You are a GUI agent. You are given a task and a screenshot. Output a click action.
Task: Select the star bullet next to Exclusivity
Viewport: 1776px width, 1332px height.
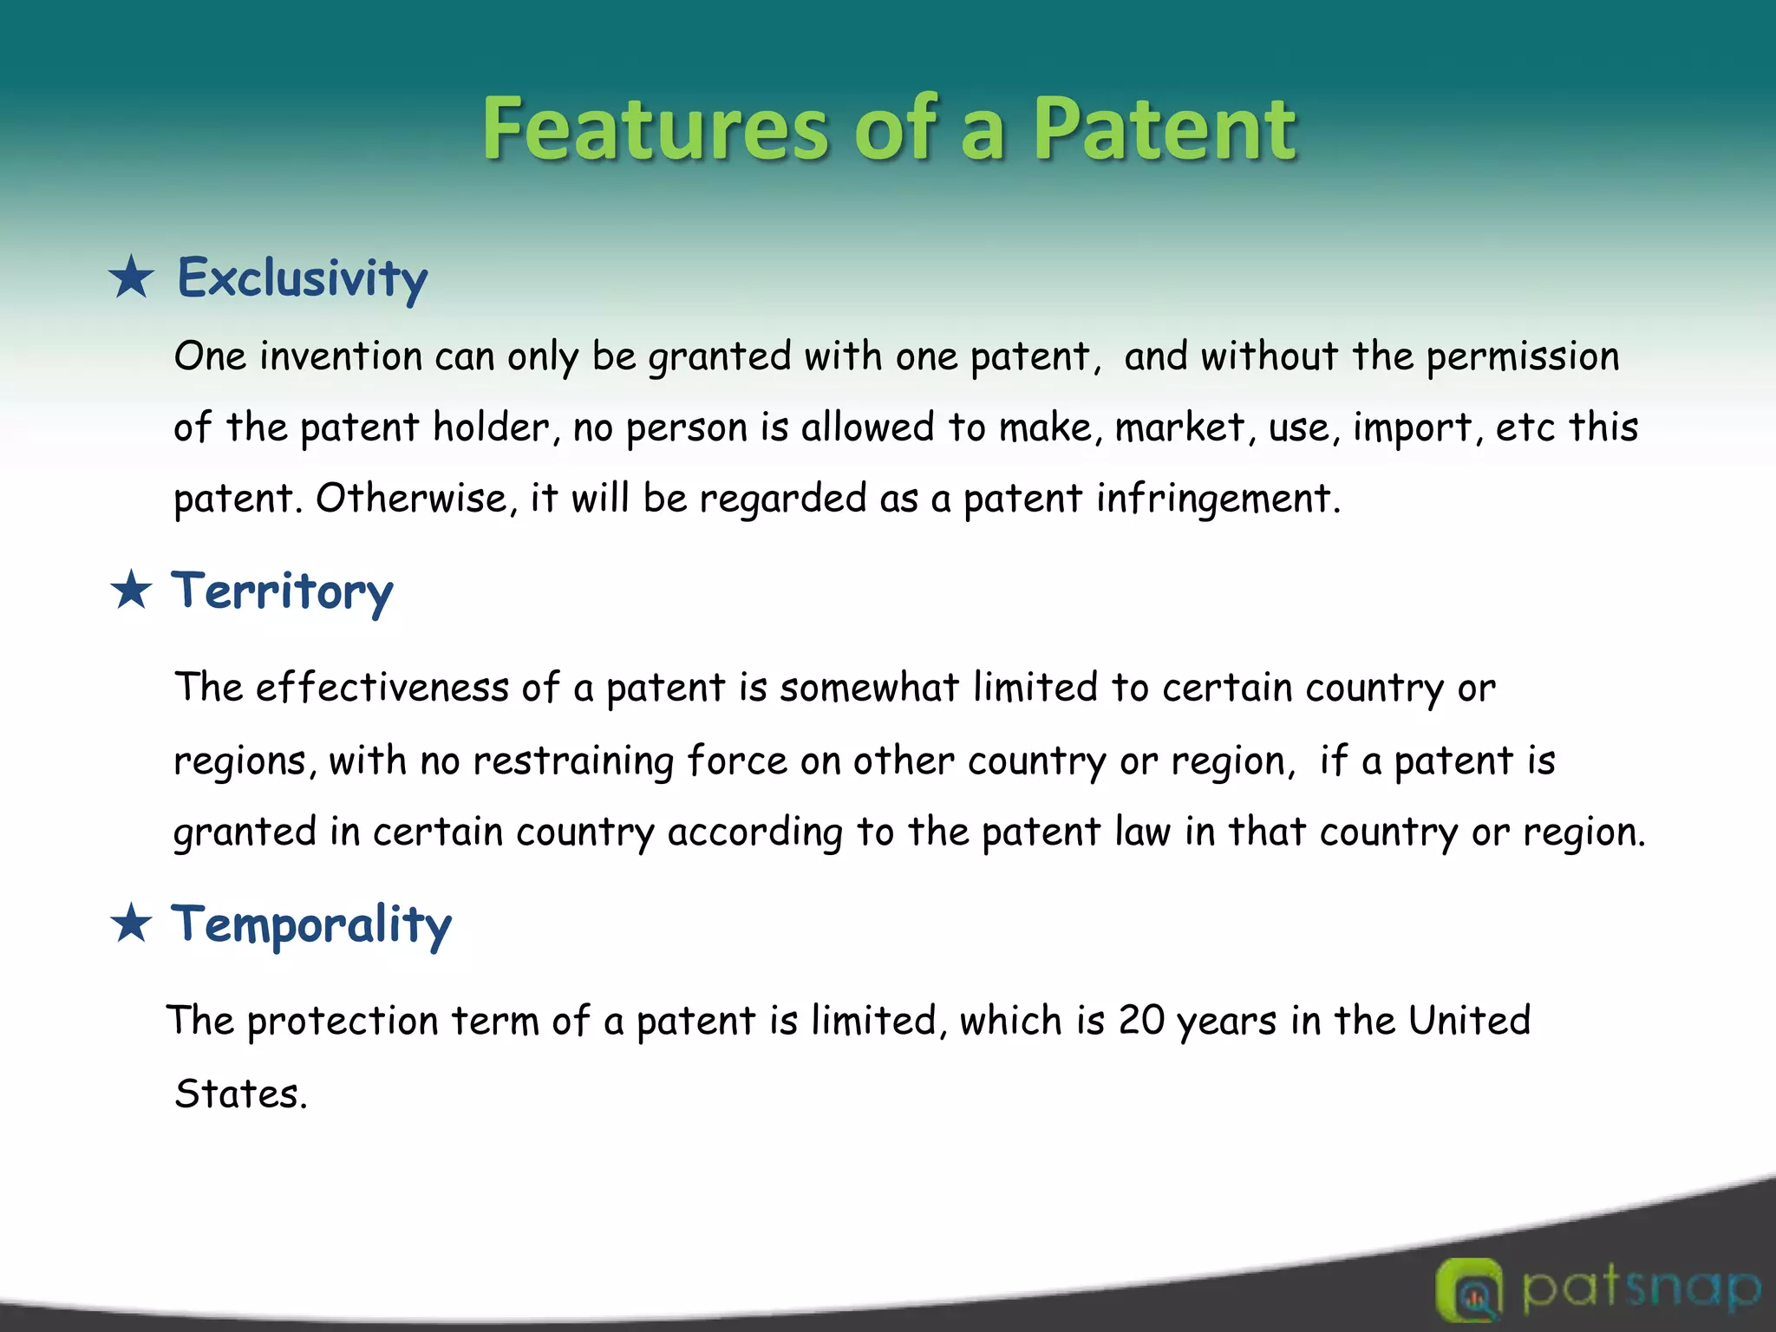point(132,277)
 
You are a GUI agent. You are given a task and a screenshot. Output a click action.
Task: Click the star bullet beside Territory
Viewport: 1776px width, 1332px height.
point(132,591)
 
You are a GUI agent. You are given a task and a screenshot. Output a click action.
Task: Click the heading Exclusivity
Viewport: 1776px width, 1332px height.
point(303,279)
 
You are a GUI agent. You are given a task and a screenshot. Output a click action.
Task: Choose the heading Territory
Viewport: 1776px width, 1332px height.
point(282,592)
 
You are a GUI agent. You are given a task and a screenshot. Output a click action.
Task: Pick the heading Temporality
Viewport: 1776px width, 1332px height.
point(311,924)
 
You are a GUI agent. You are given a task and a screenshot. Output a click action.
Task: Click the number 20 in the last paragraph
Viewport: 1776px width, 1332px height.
point(1141,1021)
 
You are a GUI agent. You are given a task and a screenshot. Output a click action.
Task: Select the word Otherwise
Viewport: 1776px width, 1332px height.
point(411,499)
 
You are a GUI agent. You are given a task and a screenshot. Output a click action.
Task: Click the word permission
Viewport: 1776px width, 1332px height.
point(1523,356)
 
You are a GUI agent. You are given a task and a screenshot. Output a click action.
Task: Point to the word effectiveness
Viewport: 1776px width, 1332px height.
point(382,688)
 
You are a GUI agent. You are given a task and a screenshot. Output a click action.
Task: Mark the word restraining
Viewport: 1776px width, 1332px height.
point(573,761)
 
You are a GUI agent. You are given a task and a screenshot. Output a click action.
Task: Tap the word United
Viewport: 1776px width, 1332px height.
point(1469,1021)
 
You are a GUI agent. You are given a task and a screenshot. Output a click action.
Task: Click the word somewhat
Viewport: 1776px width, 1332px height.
point(869,688)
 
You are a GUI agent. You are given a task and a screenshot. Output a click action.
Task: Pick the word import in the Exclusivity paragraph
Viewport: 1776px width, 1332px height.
point(1412,428)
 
